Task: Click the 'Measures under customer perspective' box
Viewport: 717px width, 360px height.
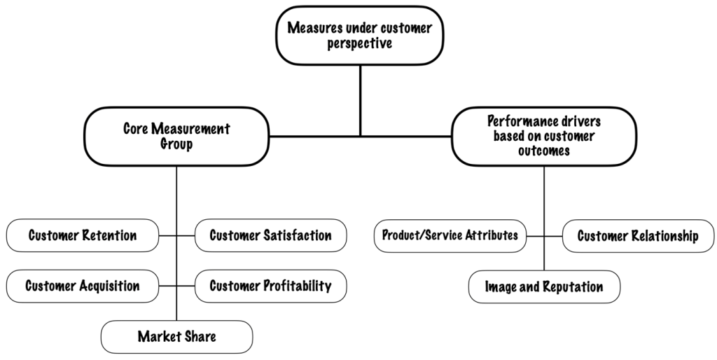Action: click(x=360, y=36)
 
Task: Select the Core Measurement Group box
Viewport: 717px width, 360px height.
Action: click(x=176, y=136)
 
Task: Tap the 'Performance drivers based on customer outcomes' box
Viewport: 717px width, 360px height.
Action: click(x=544, y=136)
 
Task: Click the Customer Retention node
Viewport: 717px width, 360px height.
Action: click(x=83, y=235)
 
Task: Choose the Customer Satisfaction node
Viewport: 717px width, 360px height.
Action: click(x=270, y=235)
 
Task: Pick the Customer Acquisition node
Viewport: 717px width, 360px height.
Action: click(x=83, y=286)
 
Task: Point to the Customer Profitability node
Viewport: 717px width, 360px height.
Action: click(x=270, y=286)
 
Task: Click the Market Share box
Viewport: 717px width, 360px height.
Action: click(x=176, y=337)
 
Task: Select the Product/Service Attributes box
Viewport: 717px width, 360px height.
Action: click(x=450, y=235)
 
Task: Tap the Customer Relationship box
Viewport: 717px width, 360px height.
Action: click(x=638, y=235)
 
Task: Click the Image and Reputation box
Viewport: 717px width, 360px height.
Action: click(x=544, y=286)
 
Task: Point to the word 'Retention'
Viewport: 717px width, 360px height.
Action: click(x=109, y=235)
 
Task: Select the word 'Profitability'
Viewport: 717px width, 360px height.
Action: click(x=298, y=286)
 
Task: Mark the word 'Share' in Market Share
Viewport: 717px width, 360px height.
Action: click(x=200, y=337)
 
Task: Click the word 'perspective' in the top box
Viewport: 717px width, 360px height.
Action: click(x=360, y=43)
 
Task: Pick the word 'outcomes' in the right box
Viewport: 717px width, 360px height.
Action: click(x=544, y=150)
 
